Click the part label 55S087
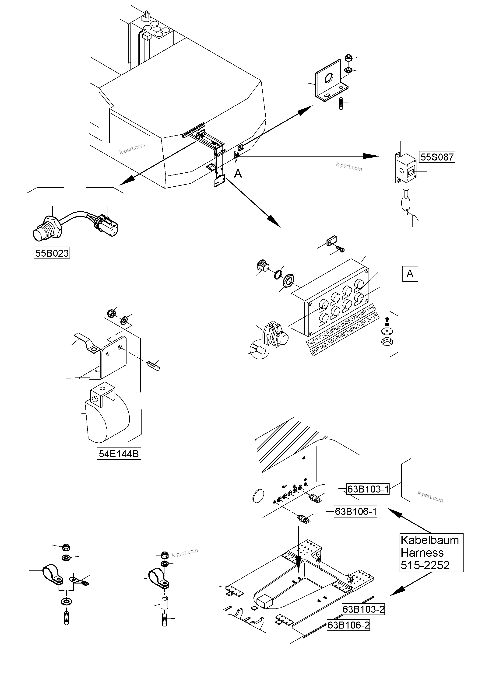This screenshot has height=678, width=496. coord(437,157)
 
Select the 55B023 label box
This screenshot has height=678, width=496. coord(52,253)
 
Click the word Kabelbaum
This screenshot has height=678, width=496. coord(430,540)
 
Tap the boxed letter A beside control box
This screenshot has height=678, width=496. coord(410,273)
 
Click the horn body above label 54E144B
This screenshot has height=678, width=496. coord(107,420)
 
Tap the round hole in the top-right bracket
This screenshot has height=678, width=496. coord(329,79)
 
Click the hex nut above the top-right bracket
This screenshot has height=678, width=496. coord(348,58)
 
